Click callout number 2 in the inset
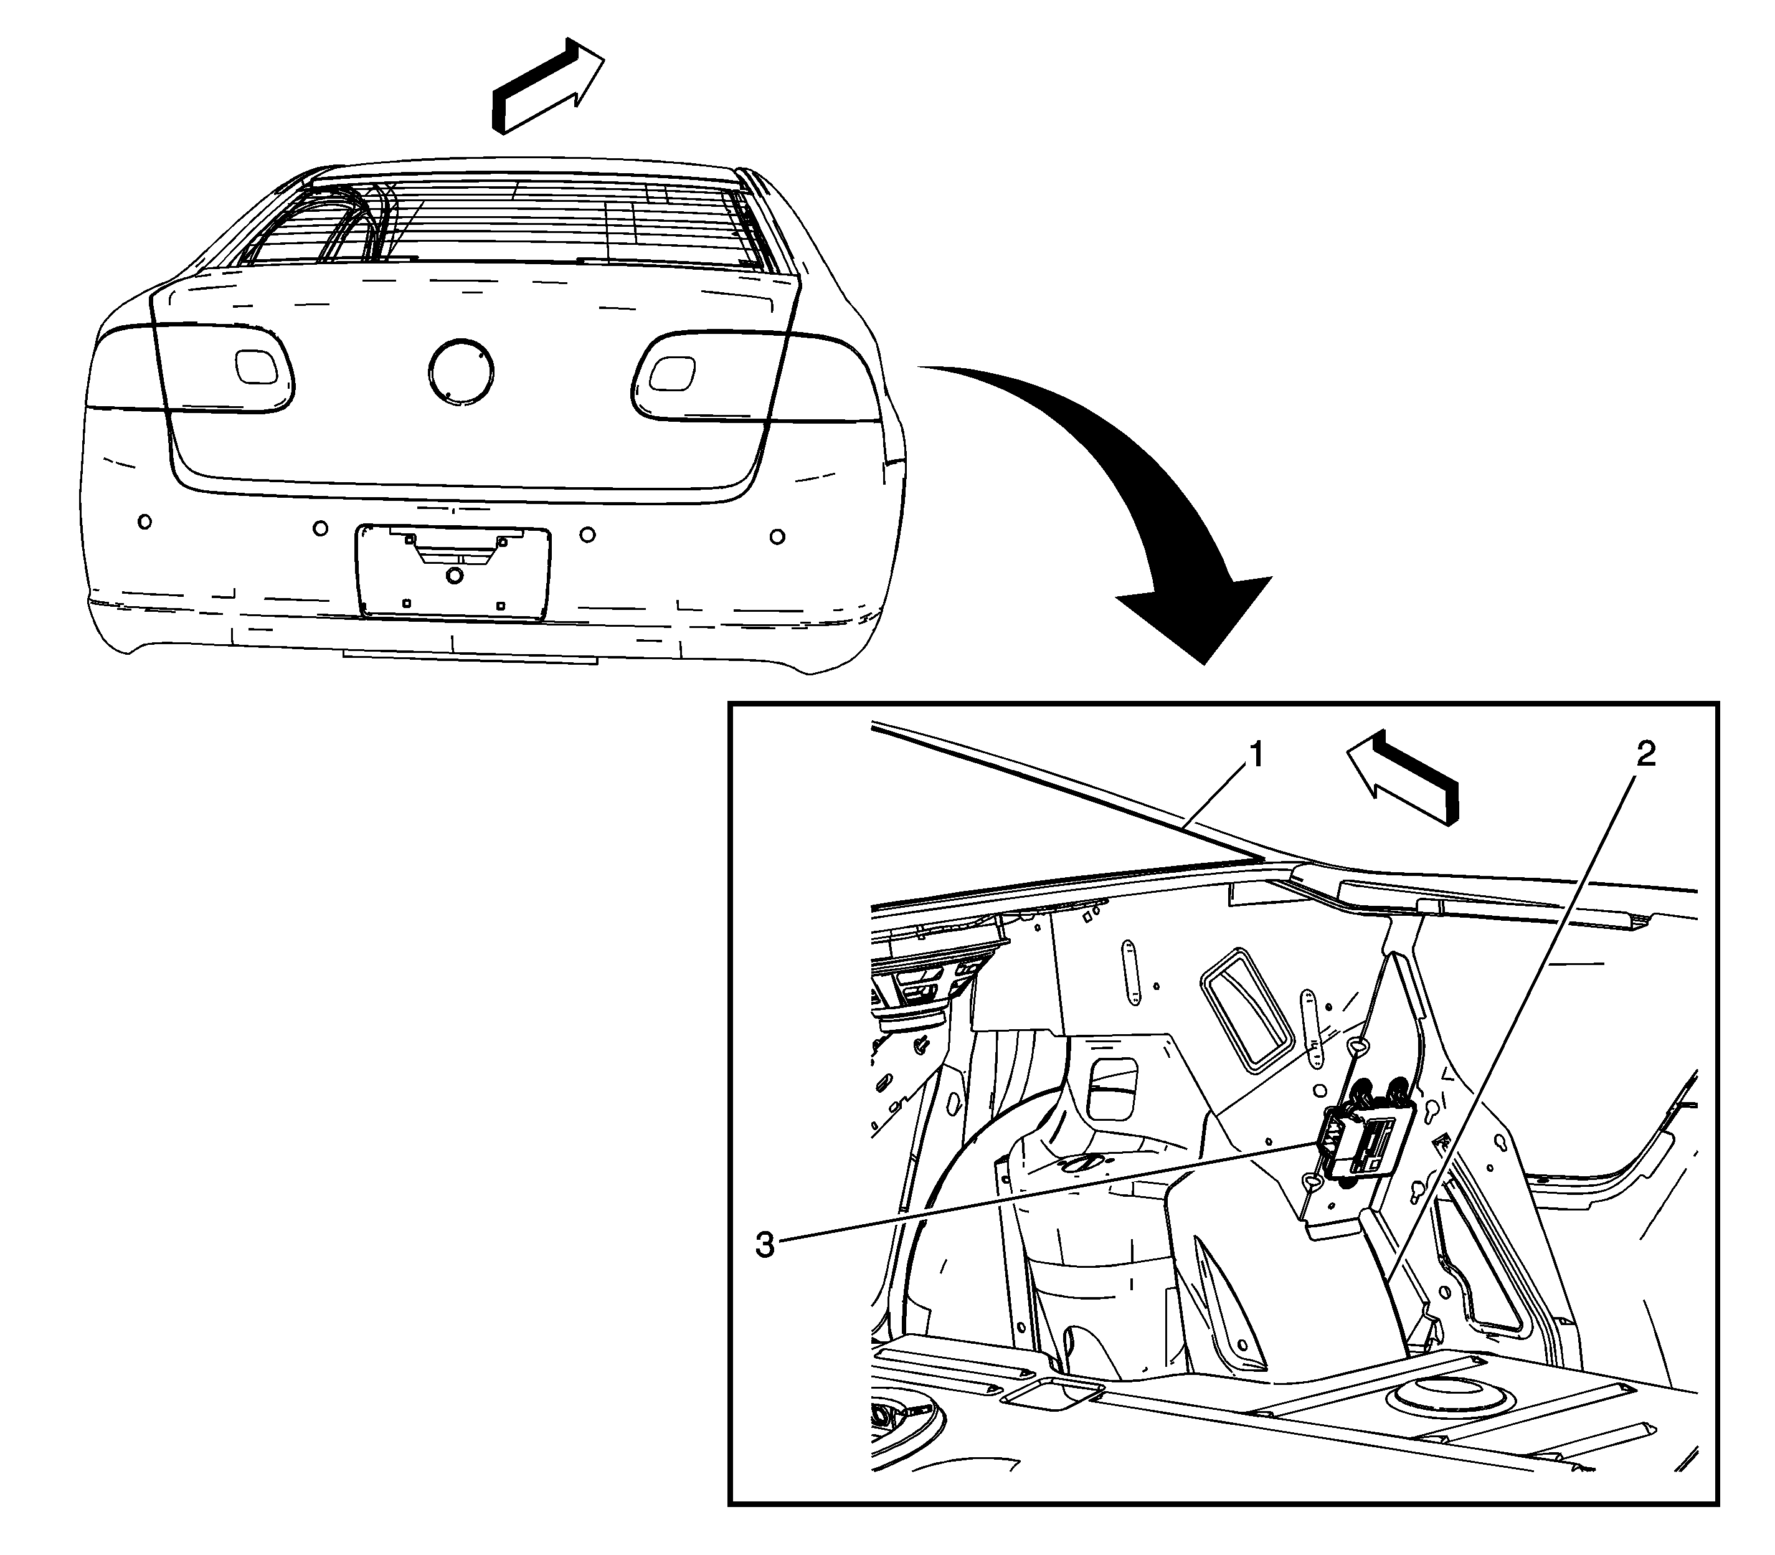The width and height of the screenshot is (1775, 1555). [1645, 753]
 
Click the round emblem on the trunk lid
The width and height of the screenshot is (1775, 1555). [461, 371]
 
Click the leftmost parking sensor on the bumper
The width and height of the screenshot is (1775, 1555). [145, 521]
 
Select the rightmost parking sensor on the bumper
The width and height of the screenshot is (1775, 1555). [777, 537]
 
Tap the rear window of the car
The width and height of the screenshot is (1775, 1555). [512, 224]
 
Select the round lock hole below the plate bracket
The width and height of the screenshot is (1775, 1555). [453, 575]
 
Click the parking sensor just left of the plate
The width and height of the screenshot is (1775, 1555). [320, 528]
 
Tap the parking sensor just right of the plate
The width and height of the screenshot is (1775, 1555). [587, 535]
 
